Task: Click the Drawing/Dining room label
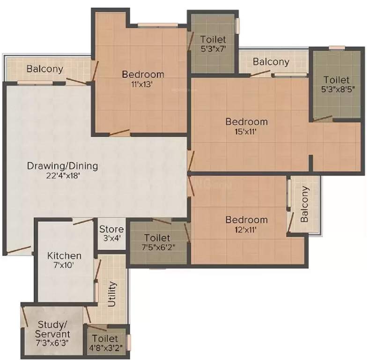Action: click(62, 165)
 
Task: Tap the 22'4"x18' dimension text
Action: click(62, 176)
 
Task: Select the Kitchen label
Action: click(65, 256)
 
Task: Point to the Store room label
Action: click(111, 229)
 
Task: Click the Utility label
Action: click(112, 294)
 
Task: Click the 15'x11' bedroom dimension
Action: click(246, 132)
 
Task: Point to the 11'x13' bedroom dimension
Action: click(143, 84)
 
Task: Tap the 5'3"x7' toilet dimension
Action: click(213, 49)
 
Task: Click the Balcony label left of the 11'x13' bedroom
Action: click(44, 69)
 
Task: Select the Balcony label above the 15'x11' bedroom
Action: click(271, 61)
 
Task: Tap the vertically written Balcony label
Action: click(305, 204)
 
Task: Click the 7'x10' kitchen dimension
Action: click(65, 266)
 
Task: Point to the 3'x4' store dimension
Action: click(111, 239)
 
